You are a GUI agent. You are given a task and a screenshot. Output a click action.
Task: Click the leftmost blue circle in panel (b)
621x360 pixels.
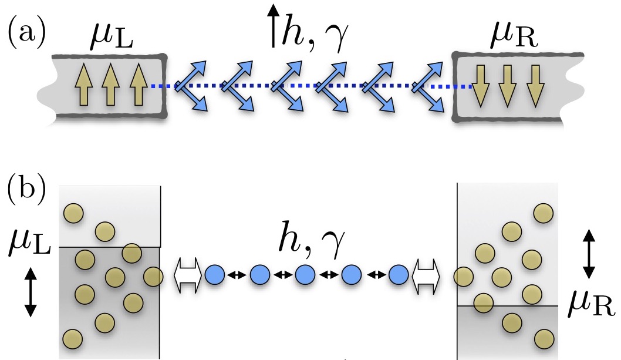pyautogui.click(x=215, y=274)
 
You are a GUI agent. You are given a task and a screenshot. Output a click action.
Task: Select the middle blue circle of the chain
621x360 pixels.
pyautogui.click(x=305, y=274)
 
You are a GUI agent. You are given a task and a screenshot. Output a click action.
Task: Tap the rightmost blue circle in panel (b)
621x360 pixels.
pyautogui.click(x=399, y=274)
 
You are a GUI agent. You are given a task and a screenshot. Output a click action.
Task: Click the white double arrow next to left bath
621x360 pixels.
pyautogui.click(x=188, y=275)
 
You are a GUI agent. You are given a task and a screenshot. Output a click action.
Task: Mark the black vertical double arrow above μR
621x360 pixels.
pyautogui.click(x=589, y=254)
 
